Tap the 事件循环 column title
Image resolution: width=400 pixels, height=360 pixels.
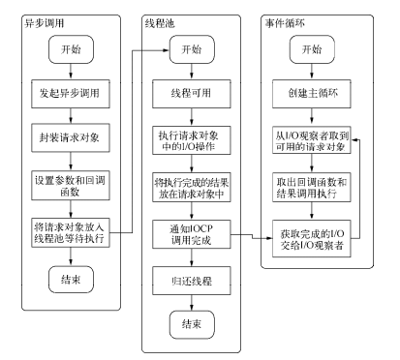point(288,21)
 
